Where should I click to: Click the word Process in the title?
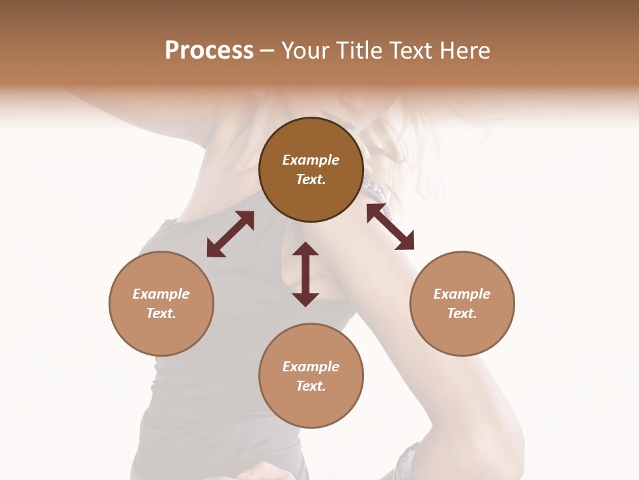(x=209, y=51)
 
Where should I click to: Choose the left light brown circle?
(x=161, y=303)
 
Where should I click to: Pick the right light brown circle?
(x=462, y=303)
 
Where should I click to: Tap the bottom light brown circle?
(x=311, y=375)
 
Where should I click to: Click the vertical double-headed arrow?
(x=306, y=274)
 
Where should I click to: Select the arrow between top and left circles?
(x=230, y=234)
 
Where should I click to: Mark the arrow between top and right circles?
(x=390, y=227)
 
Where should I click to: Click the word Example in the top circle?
(x=311, y=160)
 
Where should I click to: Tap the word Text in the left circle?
(x=161, y=313)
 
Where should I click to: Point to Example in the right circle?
(x=462, y=294)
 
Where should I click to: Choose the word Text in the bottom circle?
(x=311, y=386)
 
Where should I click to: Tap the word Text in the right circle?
(x=462, y=313)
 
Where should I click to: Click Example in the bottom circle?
(x=311, y=367)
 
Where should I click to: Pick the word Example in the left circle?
(x=161, y=294)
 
